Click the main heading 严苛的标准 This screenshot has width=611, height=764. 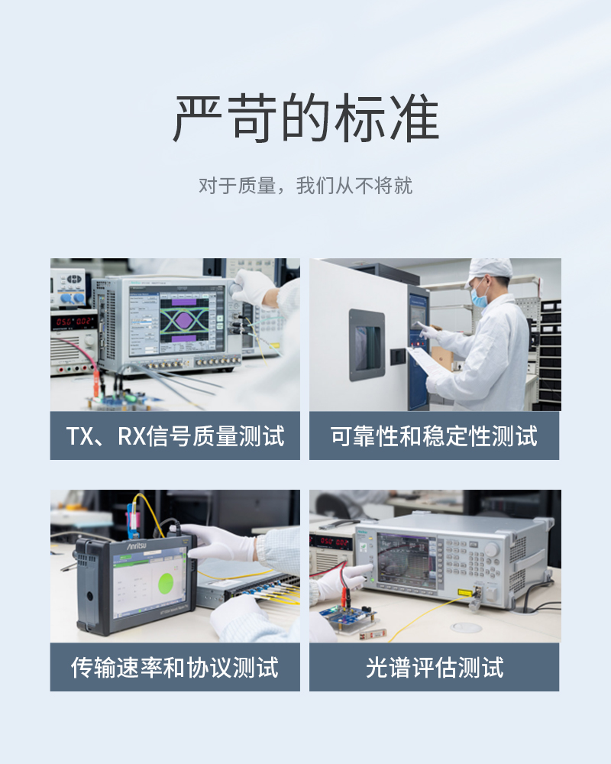(x=305, y=118)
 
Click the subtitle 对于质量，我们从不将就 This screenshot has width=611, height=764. (x=305, y=186)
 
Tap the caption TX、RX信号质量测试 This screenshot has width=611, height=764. (x=175, y=436)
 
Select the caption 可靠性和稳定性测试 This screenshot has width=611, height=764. (x=434, y=436)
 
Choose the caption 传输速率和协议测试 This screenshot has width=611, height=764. (x=175, y=668)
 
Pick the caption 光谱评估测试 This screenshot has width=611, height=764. (x=434, y=668)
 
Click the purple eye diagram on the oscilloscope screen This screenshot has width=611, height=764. (x=184, y=320)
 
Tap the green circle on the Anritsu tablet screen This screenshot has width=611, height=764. (x=166, y=584)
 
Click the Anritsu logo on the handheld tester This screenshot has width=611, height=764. (x=137, y=545)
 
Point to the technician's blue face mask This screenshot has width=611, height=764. (x=480, y=298)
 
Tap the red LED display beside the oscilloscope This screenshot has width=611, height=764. (x=73, y=322)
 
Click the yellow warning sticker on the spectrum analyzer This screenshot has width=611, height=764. (x=464, y=593)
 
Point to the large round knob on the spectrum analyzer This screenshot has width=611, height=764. (x=492, y=550)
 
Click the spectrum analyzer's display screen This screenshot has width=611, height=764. (x=406, y=558)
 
